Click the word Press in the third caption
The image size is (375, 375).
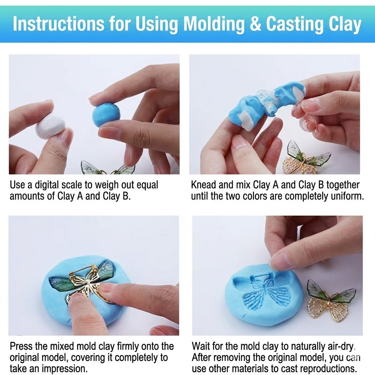tap(22, 346)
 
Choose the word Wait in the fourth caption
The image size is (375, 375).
tap(202, 346)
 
